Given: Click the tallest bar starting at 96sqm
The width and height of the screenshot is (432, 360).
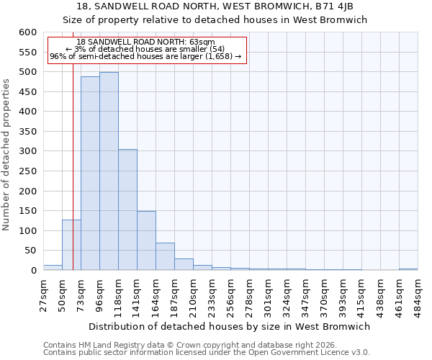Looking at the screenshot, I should tap(109, 171).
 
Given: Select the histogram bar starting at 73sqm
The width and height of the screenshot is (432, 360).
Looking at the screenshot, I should tap(90, 174).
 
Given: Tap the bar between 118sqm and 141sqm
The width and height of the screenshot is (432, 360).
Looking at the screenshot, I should tap(127, 210).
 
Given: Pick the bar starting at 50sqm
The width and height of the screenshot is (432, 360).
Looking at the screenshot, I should tap(71, 245).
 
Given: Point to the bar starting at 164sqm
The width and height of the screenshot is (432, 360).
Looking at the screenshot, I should tap(165, 256).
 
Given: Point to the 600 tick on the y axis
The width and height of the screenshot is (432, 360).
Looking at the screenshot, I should tap(27, 32).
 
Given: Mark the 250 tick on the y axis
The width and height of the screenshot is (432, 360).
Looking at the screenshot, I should tap(27, 171).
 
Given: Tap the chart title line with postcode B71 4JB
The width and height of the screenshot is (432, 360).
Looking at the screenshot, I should tap(215, 6).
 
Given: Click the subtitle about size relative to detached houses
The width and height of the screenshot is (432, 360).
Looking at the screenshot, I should tap(215, 20).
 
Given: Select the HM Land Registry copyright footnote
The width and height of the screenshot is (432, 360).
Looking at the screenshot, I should tap(179, 345).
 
